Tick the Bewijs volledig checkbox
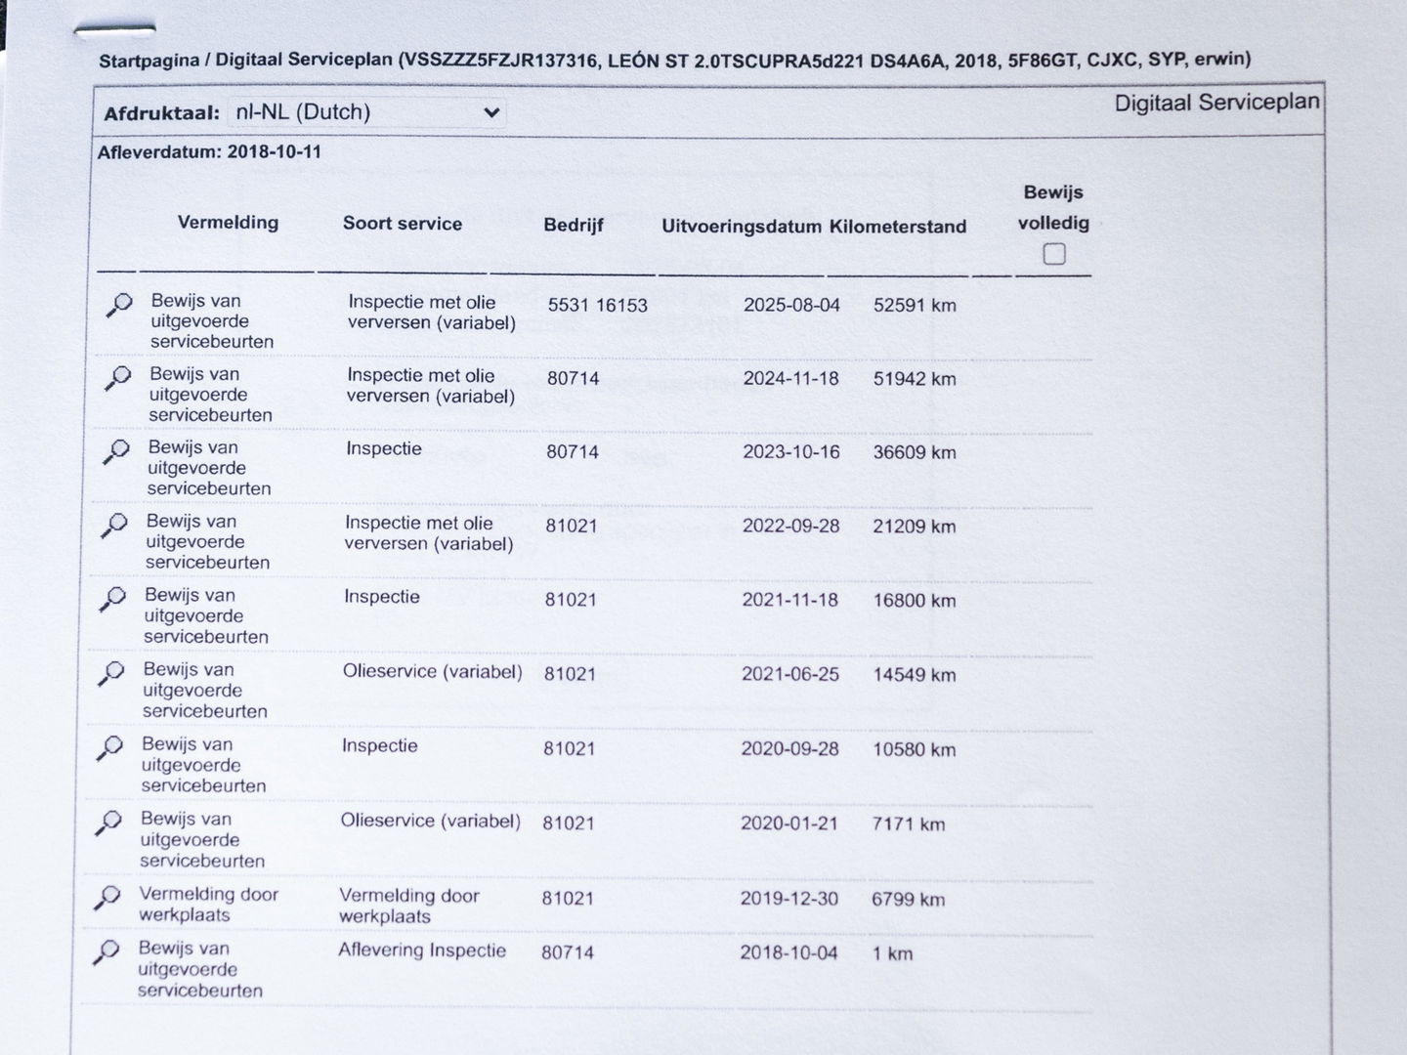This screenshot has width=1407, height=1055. click(1053, 255)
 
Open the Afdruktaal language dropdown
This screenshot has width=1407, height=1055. click(366, 113)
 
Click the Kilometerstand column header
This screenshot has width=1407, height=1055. click(898, 227)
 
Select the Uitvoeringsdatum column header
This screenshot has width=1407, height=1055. click(741, 227)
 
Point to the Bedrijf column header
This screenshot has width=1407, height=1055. click(574, 225)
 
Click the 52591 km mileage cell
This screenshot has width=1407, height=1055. click(915, 306)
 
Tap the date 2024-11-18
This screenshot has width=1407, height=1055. click(790, 379)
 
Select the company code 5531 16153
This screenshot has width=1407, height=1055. click(597, 306)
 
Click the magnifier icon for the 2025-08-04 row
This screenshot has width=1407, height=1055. click(118, 306)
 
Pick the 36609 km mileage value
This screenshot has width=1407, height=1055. click(915, 453)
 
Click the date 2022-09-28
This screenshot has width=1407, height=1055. click(790, 527)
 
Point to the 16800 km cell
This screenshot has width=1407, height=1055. click(914, 601)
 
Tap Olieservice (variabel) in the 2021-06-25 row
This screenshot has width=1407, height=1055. click(432, 673)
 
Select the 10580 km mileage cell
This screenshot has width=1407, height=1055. click(914, 750)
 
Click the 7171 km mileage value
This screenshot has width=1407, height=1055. click(908, 824)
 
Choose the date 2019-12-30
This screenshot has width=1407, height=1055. click(789, 899)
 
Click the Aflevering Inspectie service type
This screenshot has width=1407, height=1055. click(422, 950)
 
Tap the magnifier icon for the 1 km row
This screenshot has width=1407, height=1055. click(106, 951)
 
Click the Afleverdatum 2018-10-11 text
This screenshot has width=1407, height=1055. click(209, 152)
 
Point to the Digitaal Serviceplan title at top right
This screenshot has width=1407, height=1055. click(1216, 103)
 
